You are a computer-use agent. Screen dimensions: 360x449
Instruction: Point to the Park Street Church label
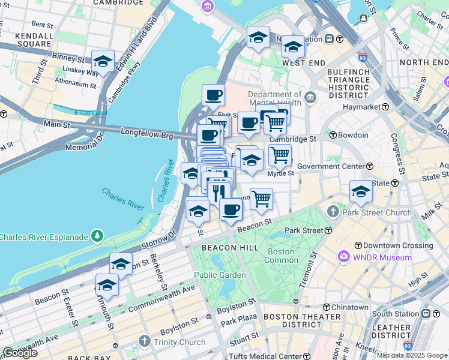point(377,212)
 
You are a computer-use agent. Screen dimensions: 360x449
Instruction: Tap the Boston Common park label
point(282,256)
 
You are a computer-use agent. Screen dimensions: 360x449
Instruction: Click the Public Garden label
point(220,275)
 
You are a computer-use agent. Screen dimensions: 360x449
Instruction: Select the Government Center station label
point(331,166)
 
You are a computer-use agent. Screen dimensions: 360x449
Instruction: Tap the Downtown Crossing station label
point(398,245)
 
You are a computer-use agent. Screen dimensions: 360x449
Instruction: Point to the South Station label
point(395,314)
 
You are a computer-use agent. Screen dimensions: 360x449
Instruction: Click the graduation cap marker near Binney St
point(103,61)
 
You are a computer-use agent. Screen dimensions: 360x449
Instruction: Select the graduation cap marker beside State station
point(361,191)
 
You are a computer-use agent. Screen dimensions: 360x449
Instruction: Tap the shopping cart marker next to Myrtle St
point(280,155)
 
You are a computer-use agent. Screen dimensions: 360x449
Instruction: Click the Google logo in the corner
point(20,353)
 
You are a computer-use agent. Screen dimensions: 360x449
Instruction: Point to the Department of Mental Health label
point(274,98)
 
